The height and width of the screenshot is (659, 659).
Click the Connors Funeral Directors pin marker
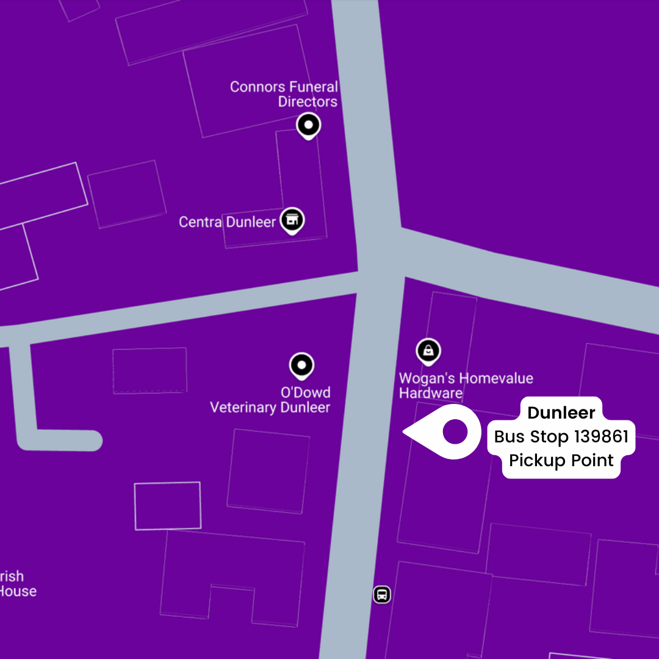click(309, 126)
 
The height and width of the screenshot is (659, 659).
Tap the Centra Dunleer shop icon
click(292, 220)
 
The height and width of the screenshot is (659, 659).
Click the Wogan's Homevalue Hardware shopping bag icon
click(429, 351)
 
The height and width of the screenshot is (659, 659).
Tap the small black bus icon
click(382, 594)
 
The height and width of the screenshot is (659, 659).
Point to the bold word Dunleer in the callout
click(561, 413)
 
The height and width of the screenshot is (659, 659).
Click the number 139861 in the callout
click(601, 437)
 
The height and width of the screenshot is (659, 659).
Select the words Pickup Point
click(561, 460)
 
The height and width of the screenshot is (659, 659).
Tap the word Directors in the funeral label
click(308, 102)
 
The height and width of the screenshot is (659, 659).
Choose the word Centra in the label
click(200, 221)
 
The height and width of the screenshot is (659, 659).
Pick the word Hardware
click(431, 394)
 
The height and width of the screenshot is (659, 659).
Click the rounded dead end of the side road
click(92, 441)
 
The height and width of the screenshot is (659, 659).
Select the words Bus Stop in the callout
click(531, 437)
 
